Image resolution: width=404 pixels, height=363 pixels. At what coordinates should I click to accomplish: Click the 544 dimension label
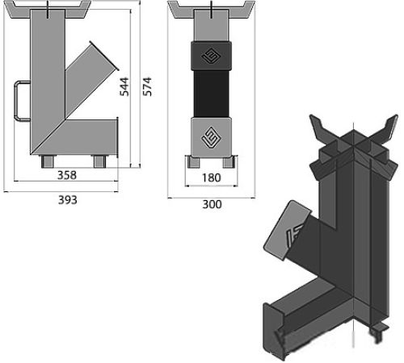[x=124, y=86]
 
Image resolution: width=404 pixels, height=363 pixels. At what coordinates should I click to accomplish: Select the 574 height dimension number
[x=147, y=86]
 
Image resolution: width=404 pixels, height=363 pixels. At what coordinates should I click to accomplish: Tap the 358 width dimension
[x=67, y=175]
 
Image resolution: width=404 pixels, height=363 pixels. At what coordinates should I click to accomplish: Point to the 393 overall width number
[x=68, y=200]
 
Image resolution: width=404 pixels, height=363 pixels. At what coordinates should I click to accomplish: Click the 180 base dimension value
[x=212, y=177]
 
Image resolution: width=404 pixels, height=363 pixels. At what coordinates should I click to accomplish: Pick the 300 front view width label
[x=213, y=204]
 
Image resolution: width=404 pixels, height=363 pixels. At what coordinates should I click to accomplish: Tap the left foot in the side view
[x=48, y=161]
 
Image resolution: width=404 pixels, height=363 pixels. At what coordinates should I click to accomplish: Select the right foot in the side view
[x=99, y=161]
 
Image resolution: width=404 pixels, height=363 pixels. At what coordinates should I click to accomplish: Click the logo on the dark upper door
[x=211, y=56]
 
